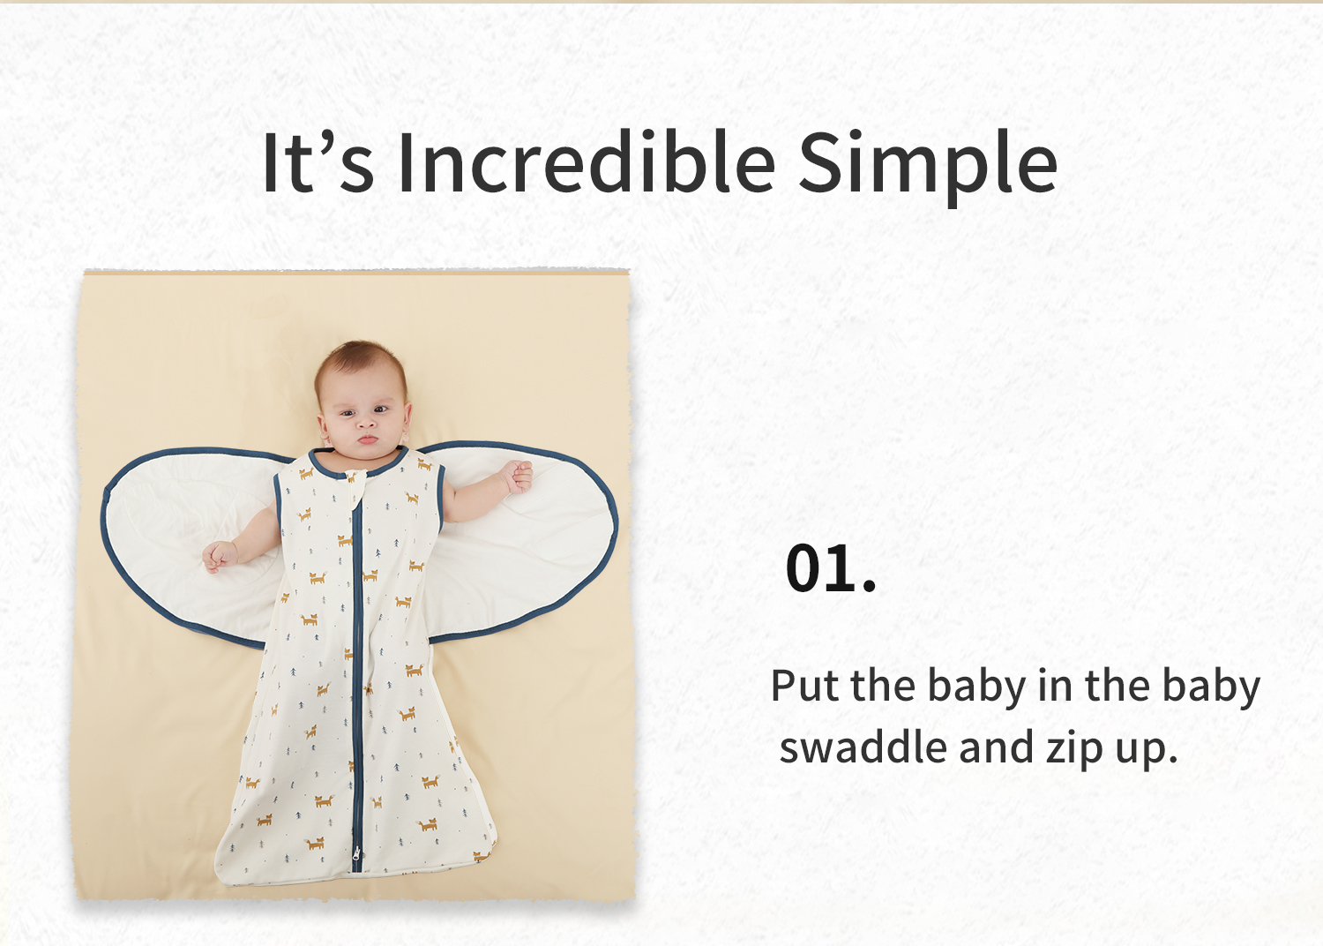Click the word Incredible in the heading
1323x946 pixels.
coord(587,161)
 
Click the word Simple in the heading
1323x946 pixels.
coord(927,167)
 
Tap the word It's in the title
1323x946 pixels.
coord(318,162)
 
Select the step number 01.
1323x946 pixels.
coord(831,567)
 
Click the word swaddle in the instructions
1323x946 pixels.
coord(863,747)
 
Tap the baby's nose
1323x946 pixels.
coord(365,421)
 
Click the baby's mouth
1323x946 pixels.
coord(368,439)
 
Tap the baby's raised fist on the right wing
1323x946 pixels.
coord(518,477)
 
